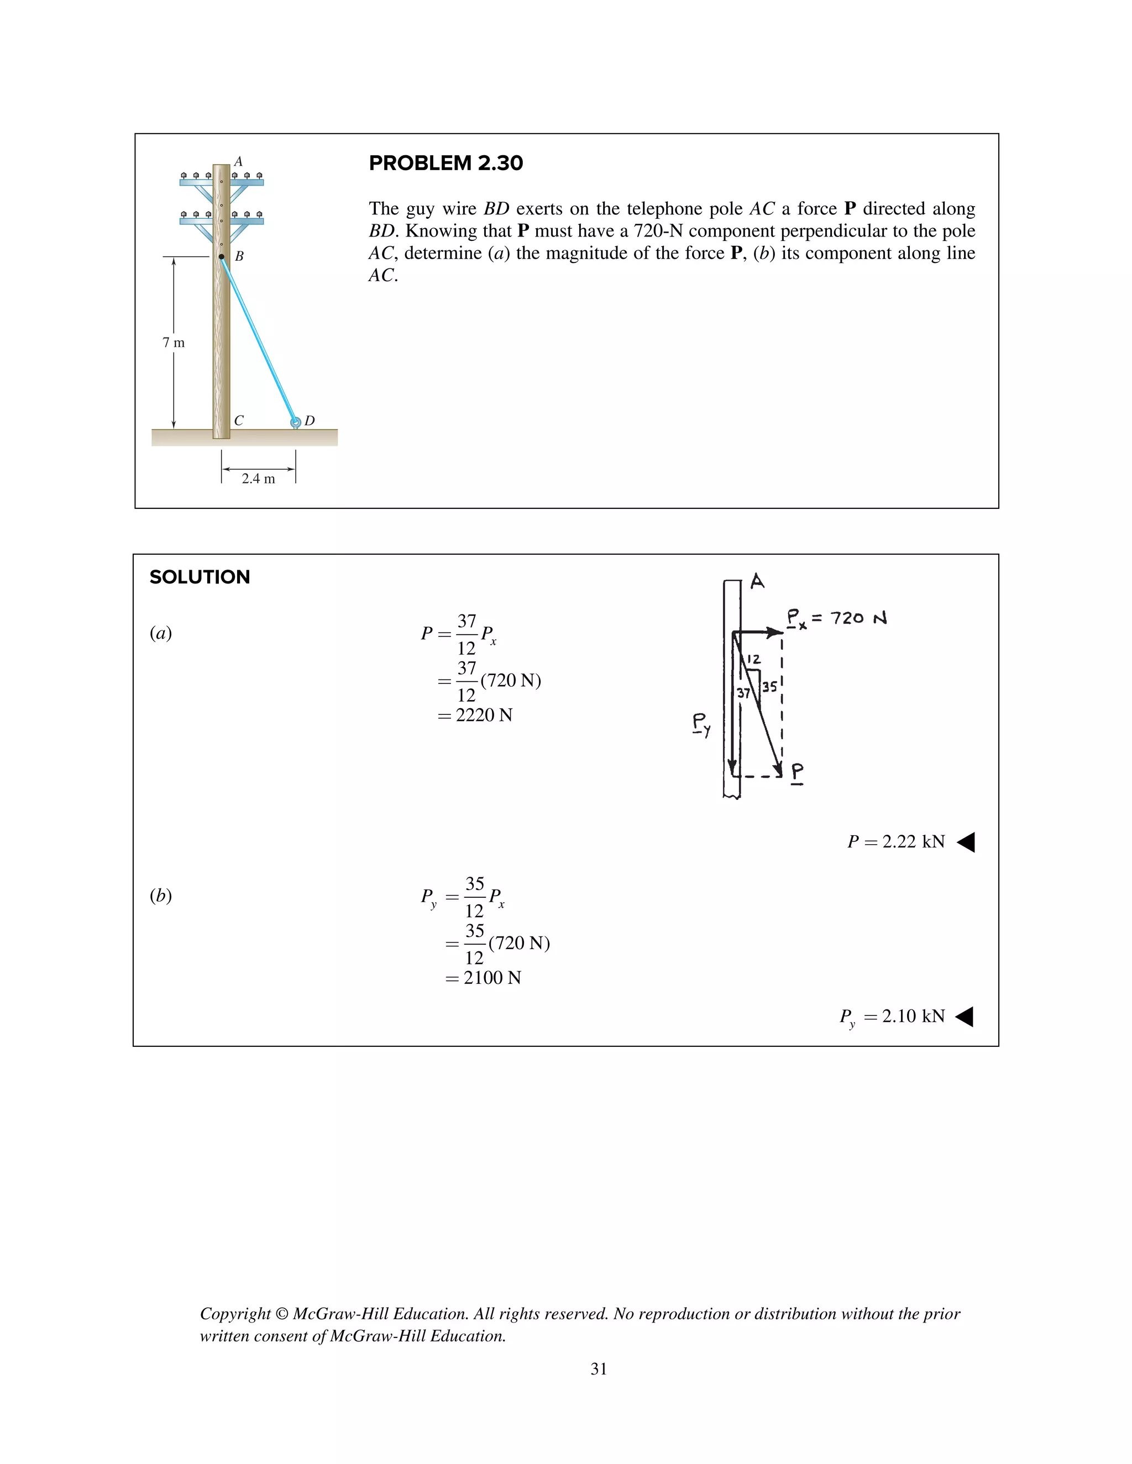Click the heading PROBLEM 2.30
click(446, 163)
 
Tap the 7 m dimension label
click(173, 343)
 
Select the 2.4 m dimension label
click(258, 478)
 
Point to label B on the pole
click(239, 256)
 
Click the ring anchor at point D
click(295, 422)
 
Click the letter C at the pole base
click(239, 420)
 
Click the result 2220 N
click(484, 715)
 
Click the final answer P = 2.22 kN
click(896, 841)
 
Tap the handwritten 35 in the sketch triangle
click(769, 686)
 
